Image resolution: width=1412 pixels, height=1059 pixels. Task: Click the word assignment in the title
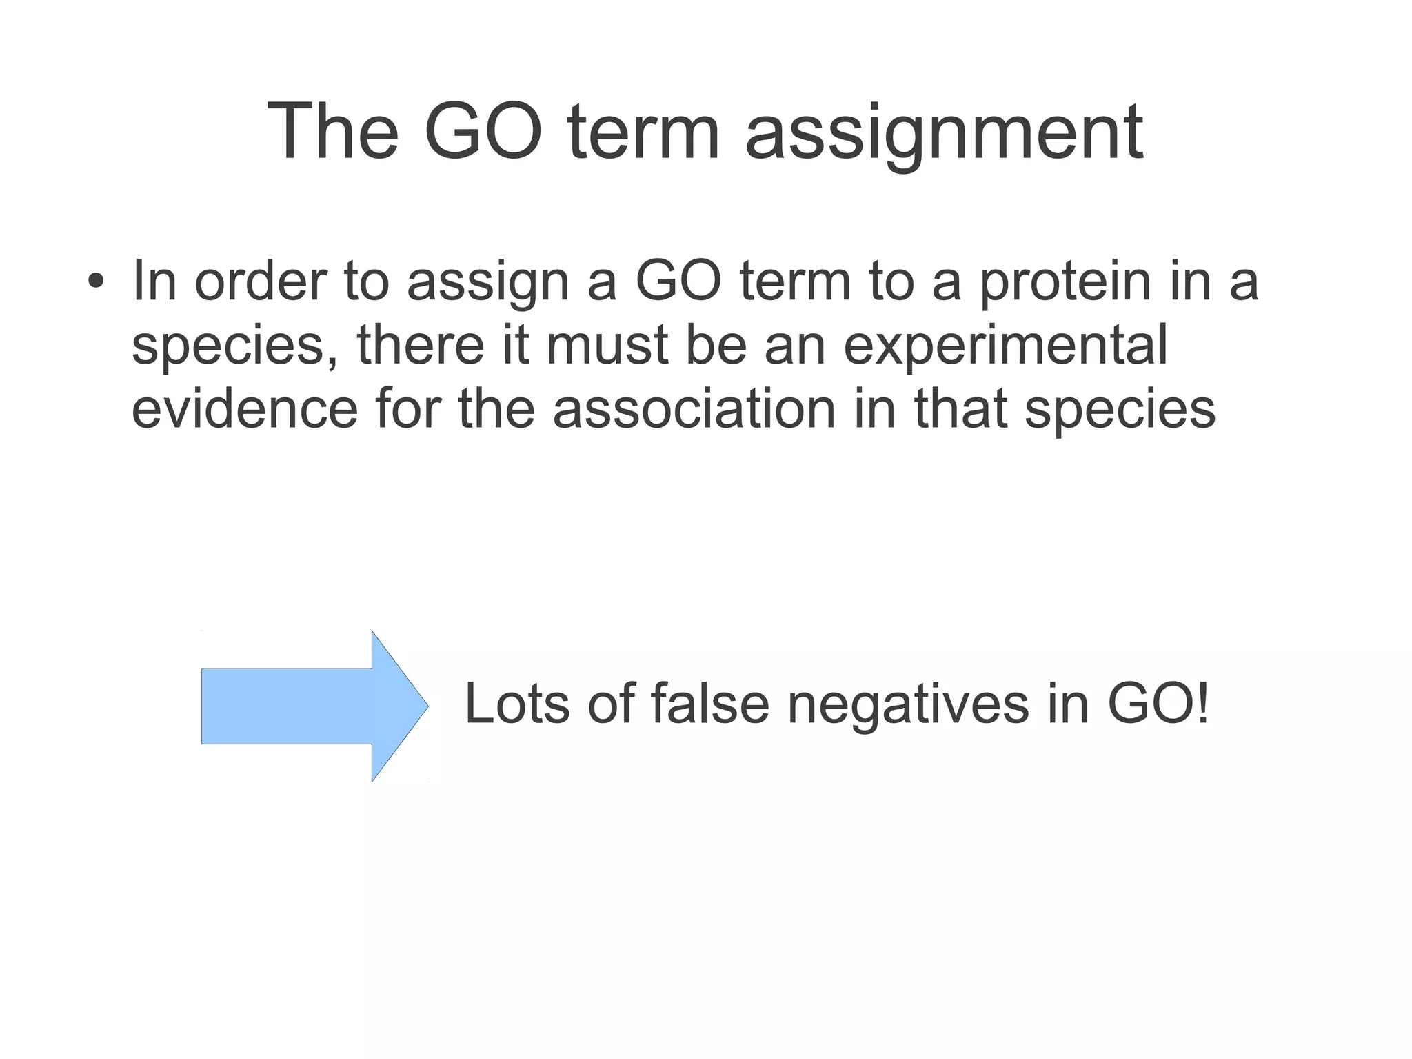(x=944, y=132)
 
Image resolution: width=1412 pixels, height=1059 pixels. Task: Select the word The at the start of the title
(x=333, y=131)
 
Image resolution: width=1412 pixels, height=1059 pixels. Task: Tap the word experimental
(x=1006, y=345)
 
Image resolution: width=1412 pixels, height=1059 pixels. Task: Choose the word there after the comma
(x=421, y=345)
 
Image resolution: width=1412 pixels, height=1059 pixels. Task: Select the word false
(x=709, y=704)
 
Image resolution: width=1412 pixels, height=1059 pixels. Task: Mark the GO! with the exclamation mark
(x=1158, y=704)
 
